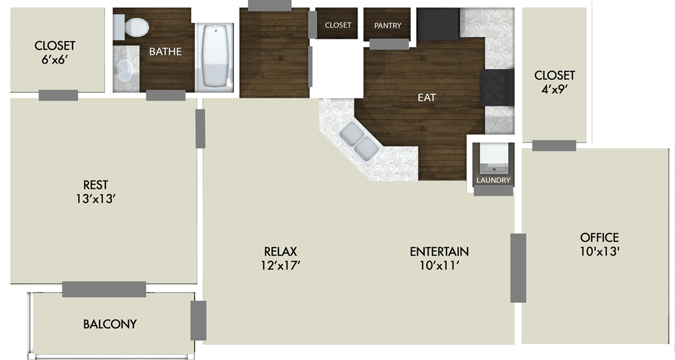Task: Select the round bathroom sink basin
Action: coord(124,70)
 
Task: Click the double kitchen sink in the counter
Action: coord(358,140)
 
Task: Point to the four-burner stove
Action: coord(497,88)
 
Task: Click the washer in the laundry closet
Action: coord(493,158)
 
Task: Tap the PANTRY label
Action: coord(388,25)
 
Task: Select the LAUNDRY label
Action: coord(493,181)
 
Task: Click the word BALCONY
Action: coord(110,325)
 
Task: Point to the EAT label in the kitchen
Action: coord(426,97)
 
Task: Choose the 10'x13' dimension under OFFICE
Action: coord(599,252)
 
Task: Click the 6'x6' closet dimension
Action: coord(55,58)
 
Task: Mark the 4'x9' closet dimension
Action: coord(555,88)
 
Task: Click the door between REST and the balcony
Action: coord(104,289)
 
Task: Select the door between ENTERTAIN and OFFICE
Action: coord(518,268)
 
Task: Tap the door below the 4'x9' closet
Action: coord(554,146)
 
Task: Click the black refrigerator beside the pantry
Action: coord(438,24)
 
